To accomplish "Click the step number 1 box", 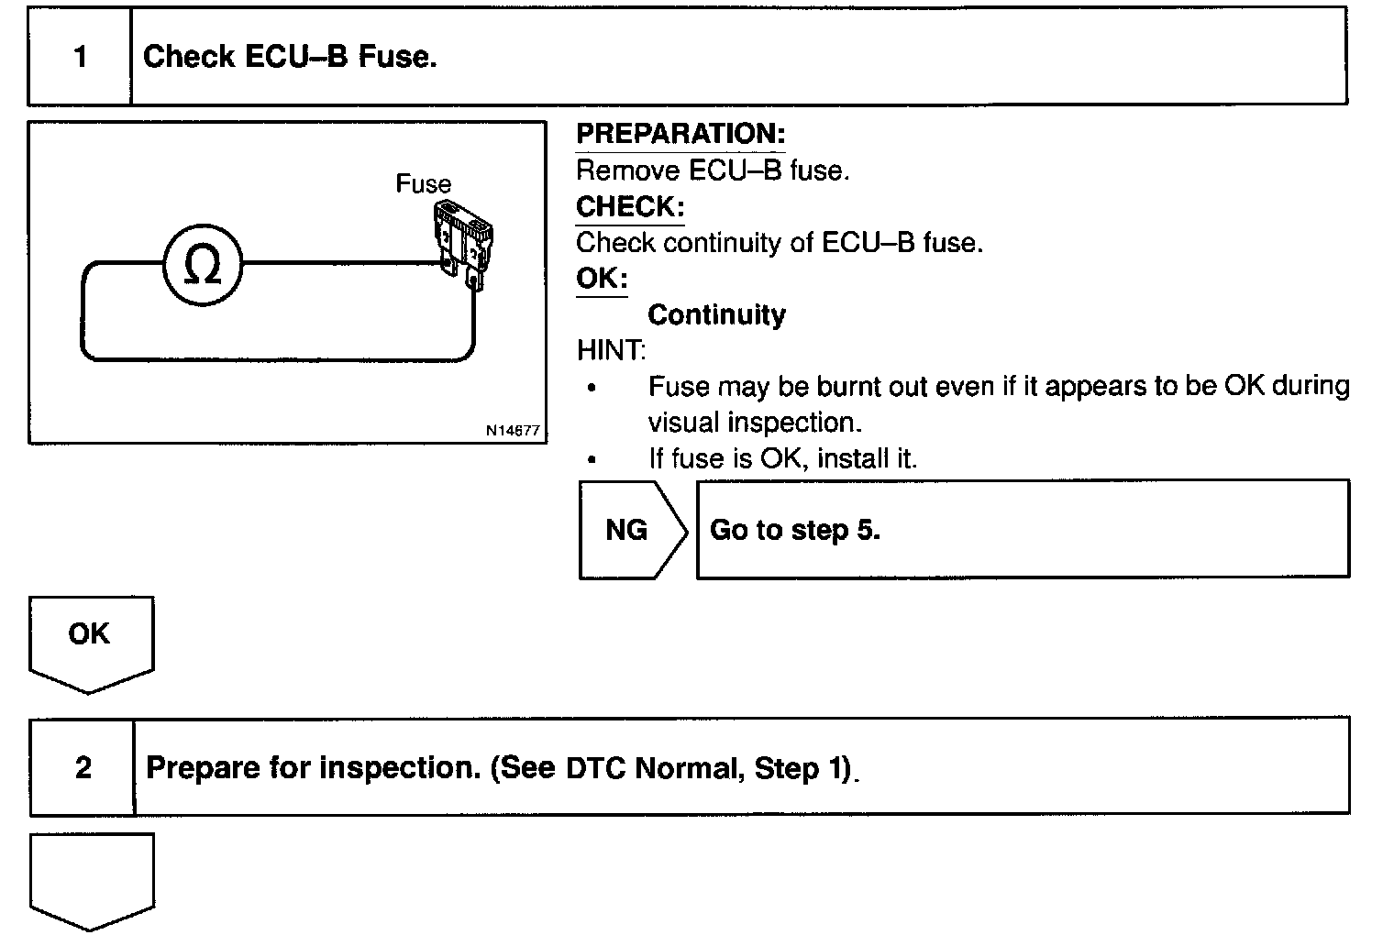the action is [80, 57].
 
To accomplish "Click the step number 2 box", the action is [83, 767].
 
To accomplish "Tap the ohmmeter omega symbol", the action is [203, 265].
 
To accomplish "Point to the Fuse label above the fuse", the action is [423, 184].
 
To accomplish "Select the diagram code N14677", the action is [513, 430].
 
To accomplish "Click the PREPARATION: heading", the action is [680, 134].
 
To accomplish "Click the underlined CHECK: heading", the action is [630, 207].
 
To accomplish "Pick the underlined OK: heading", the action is [602, 279].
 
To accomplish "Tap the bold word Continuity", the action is [716, 315].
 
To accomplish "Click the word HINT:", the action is [611, 350].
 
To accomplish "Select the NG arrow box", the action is [631, 530].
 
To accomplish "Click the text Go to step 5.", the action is [795, 530].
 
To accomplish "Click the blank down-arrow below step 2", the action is [91, 877].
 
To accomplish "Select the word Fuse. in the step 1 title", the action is [397, 57].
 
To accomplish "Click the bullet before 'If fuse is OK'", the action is [592, 459].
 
